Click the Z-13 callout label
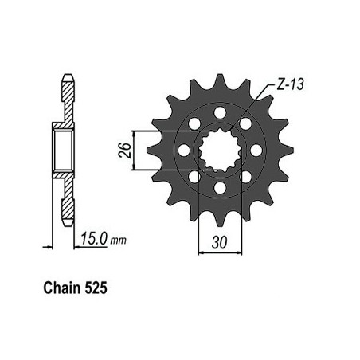[x=290, y=85]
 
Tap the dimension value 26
[x=125, y=151]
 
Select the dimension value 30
[x=220, y=242]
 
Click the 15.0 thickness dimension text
[x=94, y=238]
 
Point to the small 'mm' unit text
[x=118, y=241]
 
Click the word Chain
[x=62, y=288]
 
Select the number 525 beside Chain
[x=96, y=288]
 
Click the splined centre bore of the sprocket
[x=220, y=151]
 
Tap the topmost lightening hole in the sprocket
[x=220, y=112]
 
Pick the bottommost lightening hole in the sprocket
[x=220, y=188]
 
